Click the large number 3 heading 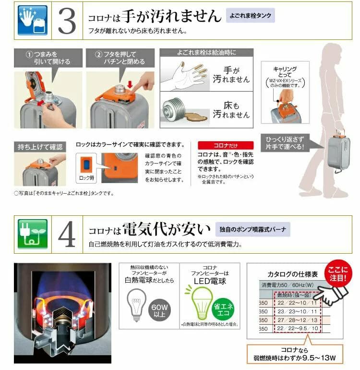point(67,21)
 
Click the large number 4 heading point(67,234)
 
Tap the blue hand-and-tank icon point(33,21)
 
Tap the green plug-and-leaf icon point(33,234)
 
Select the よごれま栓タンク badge point(250,16)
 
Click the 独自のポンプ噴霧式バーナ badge point(252,229)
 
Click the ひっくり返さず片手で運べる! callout point(286,143)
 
